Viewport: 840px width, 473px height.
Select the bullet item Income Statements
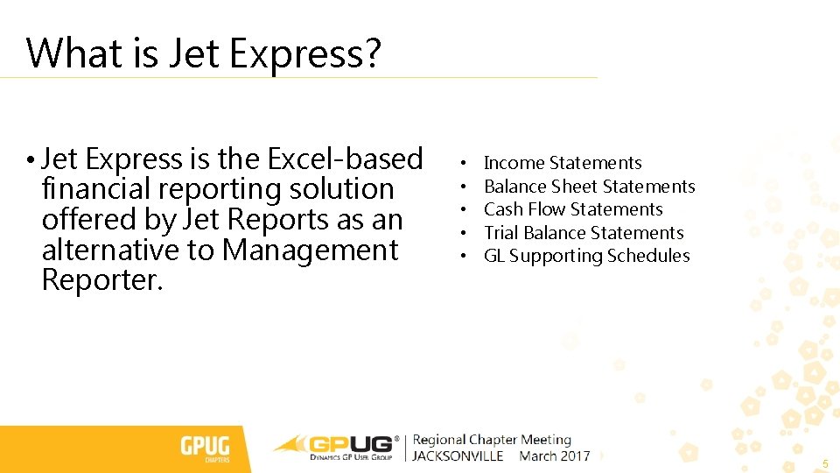click(563, 163)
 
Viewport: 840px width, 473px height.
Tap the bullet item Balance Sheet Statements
click(589, 187)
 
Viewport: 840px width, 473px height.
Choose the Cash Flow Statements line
click(573, 209)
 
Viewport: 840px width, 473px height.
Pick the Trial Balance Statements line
click(584, 233)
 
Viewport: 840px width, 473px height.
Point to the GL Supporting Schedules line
click(586, 256)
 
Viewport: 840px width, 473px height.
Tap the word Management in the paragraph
click(310, 251)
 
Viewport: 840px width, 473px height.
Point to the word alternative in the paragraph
click(110, 251)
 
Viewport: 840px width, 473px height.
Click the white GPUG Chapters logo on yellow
click(205, 448)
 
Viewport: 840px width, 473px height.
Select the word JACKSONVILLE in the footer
click(458, 456)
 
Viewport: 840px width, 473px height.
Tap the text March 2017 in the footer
click(555, 456)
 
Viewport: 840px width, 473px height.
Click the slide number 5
click(823, 462)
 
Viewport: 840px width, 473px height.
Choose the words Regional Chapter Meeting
click(492, 440)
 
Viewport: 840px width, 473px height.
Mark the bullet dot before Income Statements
click(461, 164)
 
